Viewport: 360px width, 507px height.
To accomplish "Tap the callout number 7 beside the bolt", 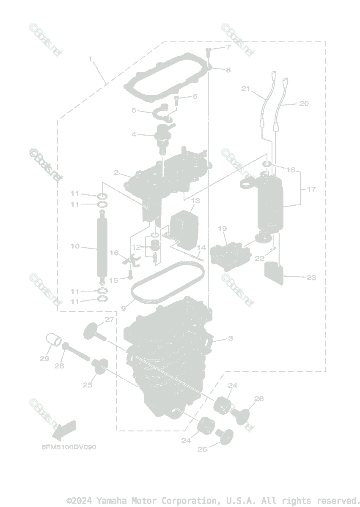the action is [228, 47].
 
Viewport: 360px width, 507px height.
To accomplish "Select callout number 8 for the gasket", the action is [228, 70].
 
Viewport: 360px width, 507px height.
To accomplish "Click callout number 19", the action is [223, 229].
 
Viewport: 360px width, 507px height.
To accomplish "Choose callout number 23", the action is [311, 278].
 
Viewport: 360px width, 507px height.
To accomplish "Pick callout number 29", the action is [44, 359].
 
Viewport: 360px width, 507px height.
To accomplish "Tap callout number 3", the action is [230, 338].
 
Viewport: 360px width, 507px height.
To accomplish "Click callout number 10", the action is [75, 246].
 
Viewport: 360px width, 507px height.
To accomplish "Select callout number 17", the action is [311, 189].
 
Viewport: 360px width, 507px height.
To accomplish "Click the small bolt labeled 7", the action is [209, 52].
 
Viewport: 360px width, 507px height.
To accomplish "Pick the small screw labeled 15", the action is [129, 275].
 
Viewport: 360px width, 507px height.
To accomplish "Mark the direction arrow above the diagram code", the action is [63, 429].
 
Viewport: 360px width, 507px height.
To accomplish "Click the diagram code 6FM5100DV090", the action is [69, 447].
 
